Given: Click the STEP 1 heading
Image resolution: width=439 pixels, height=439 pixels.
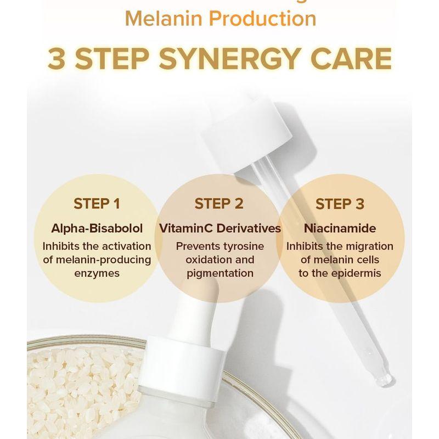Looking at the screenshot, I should (x=97, y=204).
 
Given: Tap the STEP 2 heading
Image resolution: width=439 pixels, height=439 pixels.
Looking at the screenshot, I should (x=219, y=204).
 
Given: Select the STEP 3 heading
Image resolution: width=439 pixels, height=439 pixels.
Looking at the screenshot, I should (x=340, y=204).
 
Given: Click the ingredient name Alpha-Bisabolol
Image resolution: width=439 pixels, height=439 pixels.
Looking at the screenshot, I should (x=97, y=228).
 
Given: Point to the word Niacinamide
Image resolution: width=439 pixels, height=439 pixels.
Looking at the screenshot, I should (x=340, y=228).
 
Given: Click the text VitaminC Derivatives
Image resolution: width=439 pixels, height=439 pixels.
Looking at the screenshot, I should (x=219, y=228).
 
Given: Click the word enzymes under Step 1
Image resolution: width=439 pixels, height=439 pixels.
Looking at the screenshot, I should (x=97, y=273).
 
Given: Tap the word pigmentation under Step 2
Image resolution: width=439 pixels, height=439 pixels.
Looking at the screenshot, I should (x=219, y=273).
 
